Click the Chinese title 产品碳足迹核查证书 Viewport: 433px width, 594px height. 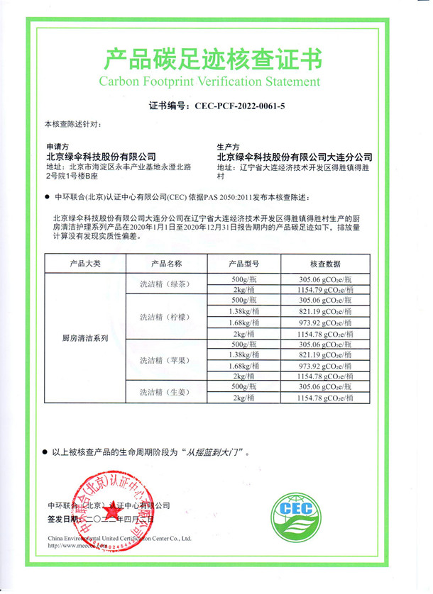point(213,57)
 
